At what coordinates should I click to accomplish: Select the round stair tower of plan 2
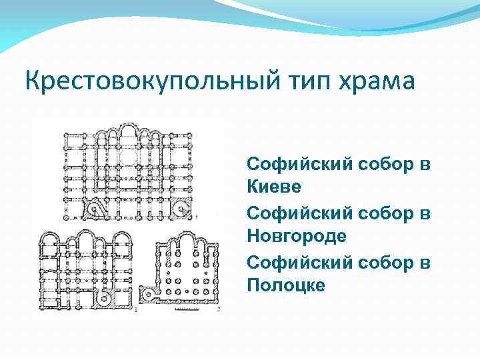pyautogui.click(x=104, y=299)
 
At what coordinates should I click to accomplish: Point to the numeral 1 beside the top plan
pyautogui.click(x=198, y=215)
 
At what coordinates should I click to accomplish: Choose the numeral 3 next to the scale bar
pyautogui.click(x=219, y=311)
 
